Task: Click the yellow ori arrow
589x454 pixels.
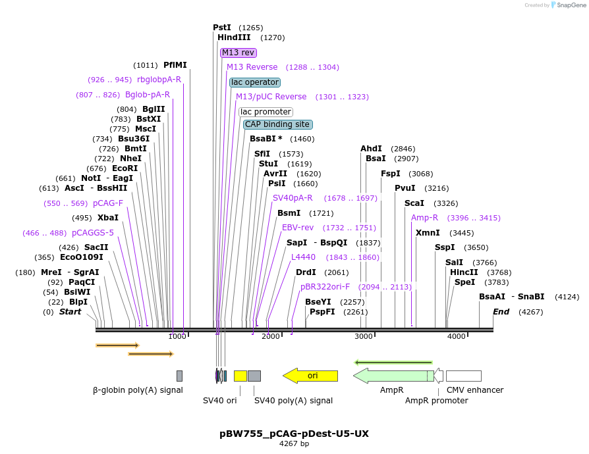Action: pyautogui.click(x=310, y=376)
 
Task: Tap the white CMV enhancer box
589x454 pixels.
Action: pyautogui.click(x=463, y=376)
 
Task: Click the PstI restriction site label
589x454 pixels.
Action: pyautogui.click(x=222, y=28)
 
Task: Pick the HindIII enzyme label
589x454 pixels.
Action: pyautogui.click(x=234, y=38)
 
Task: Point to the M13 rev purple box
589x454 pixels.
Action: pyautogui.click(x=238, y=53)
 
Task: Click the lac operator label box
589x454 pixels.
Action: pyautogui.click(x=254, y=82)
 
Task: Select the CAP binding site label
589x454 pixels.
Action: pyautogui.click(x=277, y=124)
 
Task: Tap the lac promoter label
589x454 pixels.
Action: pyautogui.click(x=266, y=112)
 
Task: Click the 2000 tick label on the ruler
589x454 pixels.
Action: pyautogui.click(x=271, y=337)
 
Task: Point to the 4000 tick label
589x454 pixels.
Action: pyautogui.click(x=457, y=337)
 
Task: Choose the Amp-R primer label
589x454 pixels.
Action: pyautogui.click(x=424, y=218)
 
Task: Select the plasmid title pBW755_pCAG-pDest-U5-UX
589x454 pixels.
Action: pyautogui.click(x=294, y=434)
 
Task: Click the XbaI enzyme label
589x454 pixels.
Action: pyautogui.click(x=108, y=218)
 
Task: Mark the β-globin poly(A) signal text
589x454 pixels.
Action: pyautogui.click(x=138, y=390)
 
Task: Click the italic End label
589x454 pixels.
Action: pyautogui.click(x=501, y=312)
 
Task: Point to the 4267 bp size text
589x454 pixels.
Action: pyautogui.click(x=294, y=444)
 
